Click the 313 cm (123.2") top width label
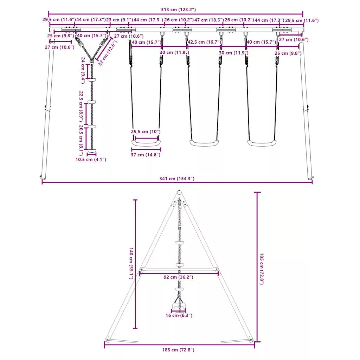(178, 9)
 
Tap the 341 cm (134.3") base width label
(177, 179)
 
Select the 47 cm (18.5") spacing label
(209, 20)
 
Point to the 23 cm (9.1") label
(120, 20)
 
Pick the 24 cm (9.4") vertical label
(83, 70)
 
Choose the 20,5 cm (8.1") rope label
(81, 140)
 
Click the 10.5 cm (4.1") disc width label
(91, 160)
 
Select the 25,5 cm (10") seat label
(146, 132)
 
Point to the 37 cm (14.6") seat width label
(145, 155)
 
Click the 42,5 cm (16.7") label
(204, 42)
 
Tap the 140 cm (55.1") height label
(131, 263)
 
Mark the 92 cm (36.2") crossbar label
(178, 277)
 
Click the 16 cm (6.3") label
(179, 316)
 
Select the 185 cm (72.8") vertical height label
(262, 269)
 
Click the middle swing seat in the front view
(204, 143)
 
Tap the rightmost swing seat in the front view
(262, 143)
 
